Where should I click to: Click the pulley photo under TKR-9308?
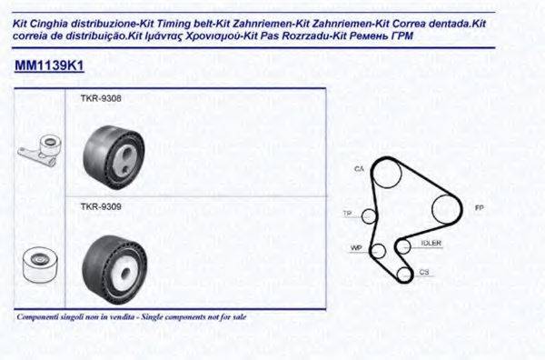(x=114, y=151)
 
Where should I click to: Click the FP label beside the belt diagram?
(x=479, y=208)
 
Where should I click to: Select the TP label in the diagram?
(x=347, y=214)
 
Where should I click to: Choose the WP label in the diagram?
(x=356, y=247)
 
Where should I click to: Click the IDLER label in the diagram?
(x=431, y=243)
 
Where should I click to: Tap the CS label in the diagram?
(x=423, y=272)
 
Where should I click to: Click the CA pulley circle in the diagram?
(x=388, y=174)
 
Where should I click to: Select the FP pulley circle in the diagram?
(x=446, y=208)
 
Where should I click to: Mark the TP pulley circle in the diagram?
(x=369, y=215)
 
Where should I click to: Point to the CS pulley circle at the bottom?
(x=401, y=270)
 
